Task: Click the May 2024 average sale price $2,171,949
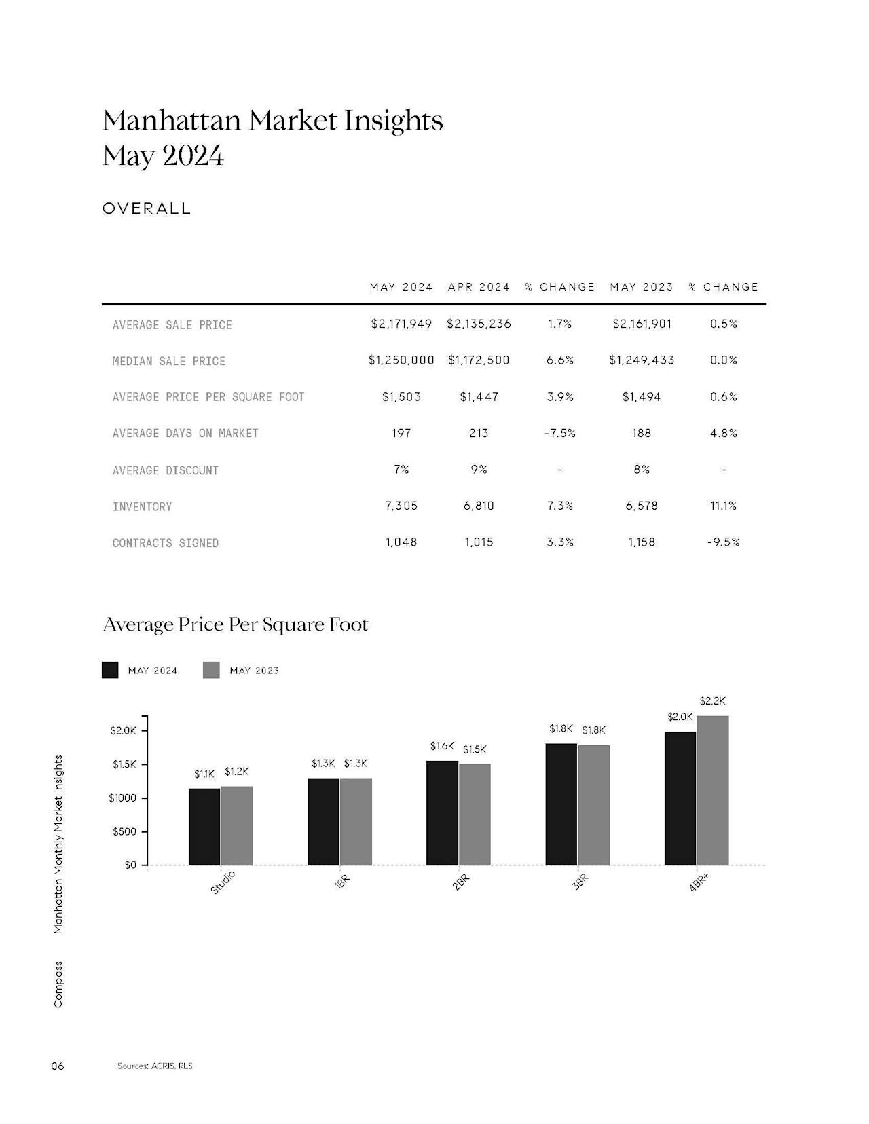click(x=401, y=324)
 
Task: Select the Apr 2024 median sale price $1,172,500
click(x=479, y=360)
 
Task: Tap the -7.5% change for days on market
click(x=559, y=433)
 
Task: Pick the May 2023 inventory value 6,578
click(x=642, y=506)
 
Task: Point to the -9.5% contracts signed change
click(x=723, y=542)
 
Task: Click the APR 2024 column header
click(x=479, y=287)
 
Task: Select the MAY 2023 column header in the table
click(x=642, y=287)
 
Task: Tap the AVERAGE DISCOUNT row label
click(x=166, y=470)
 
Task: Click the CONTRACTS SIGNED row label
click(x=166, y=542)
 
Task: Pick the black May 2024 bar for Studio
click(x=204, y=827)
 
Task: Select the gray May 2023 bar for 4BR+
click(x=713, y=790)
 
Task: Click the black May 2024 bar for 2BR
click(x=442, y=812)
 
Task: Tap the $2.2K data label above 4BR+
click(x=713, y=701)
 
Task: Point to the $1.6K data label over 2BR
click(x=442, y=746)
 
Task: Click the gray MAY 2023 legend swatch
click(x=211, y=670)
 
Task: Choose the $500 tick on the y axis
click(x=124, y=831)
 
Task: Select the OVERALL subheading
click(x=147, y=208)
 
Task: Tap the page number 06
click(x=58, y=1066)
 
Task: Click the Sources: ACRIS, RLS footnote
click(x=155, y=1066)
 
